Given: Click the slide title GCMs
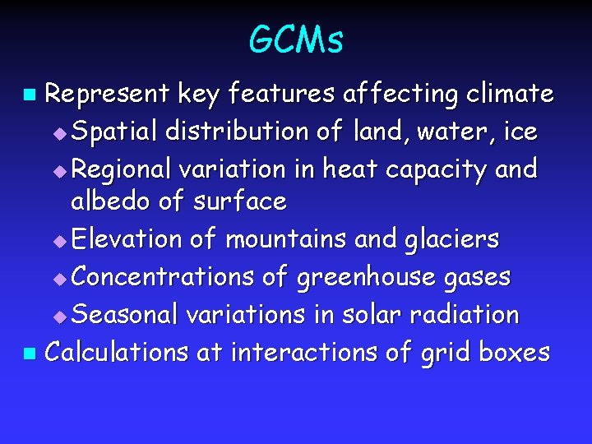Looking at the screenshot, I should point(296,39).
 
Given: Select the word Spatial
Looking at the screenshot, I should point(114,132).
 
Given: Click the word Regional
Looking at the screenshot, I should point(121,169).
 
